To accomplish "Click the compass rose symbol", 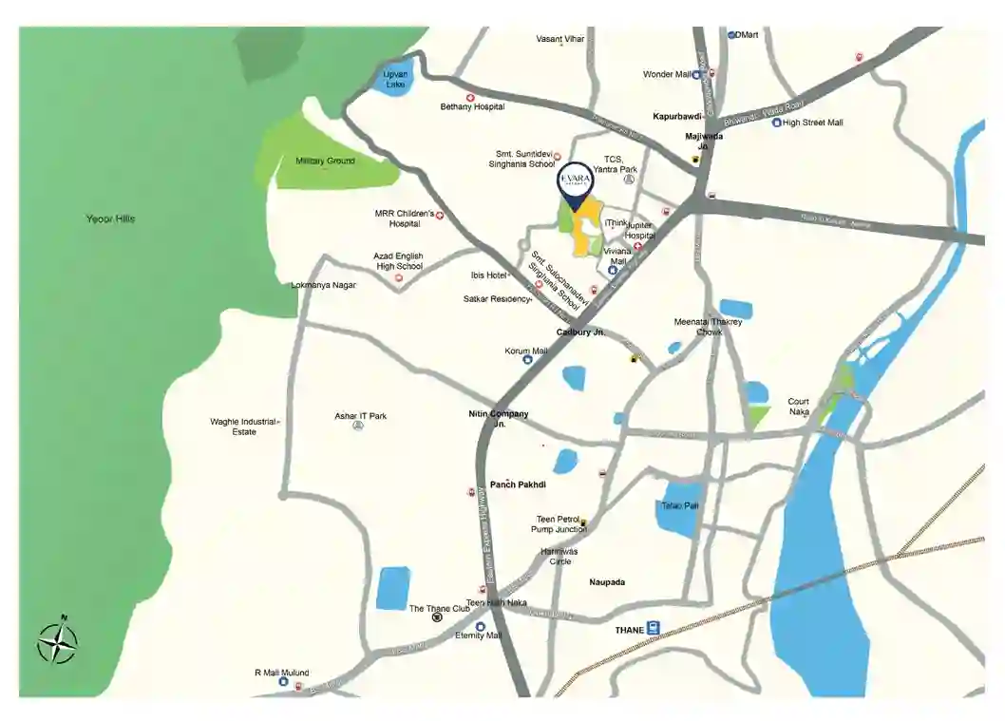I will (57, 642).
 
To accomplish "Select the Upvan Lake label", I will (394, 78).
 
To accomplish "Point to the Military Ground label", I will (325, 161).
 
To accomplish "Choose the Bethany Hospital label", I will (472, 107).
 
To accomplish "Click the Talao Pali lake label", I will (679, 505).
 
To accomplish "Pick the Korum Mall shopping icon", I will (526, 361).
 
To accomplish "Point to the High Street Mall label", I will (813, 123).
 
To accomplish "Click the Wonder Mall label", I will (667, 74).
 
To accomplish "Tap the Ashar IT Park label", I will (360, 416).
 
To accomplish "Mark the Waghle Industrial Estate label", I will (244, 427).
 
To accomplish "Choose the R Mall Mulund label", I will (281, 673).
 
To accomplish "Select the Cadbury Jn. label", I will (580, 332).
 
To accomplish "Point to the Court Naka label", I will (799, 407).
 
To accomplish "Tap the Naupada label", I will (606, 582).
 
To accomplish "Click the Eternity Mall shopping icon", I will (480, 626).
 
